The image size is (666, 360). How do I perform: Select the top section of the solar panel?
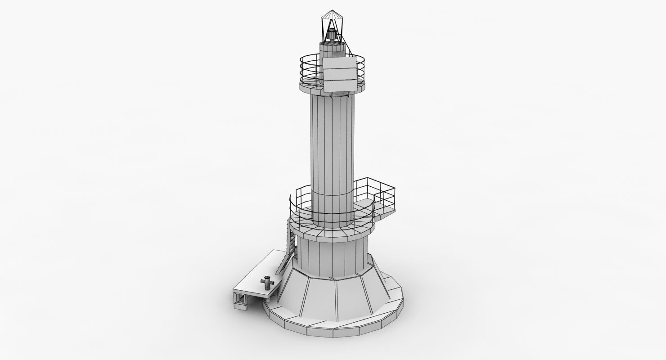(x=338, y=63)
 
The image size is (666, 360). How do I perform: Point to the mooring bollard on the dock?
(x=266, y=283)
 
